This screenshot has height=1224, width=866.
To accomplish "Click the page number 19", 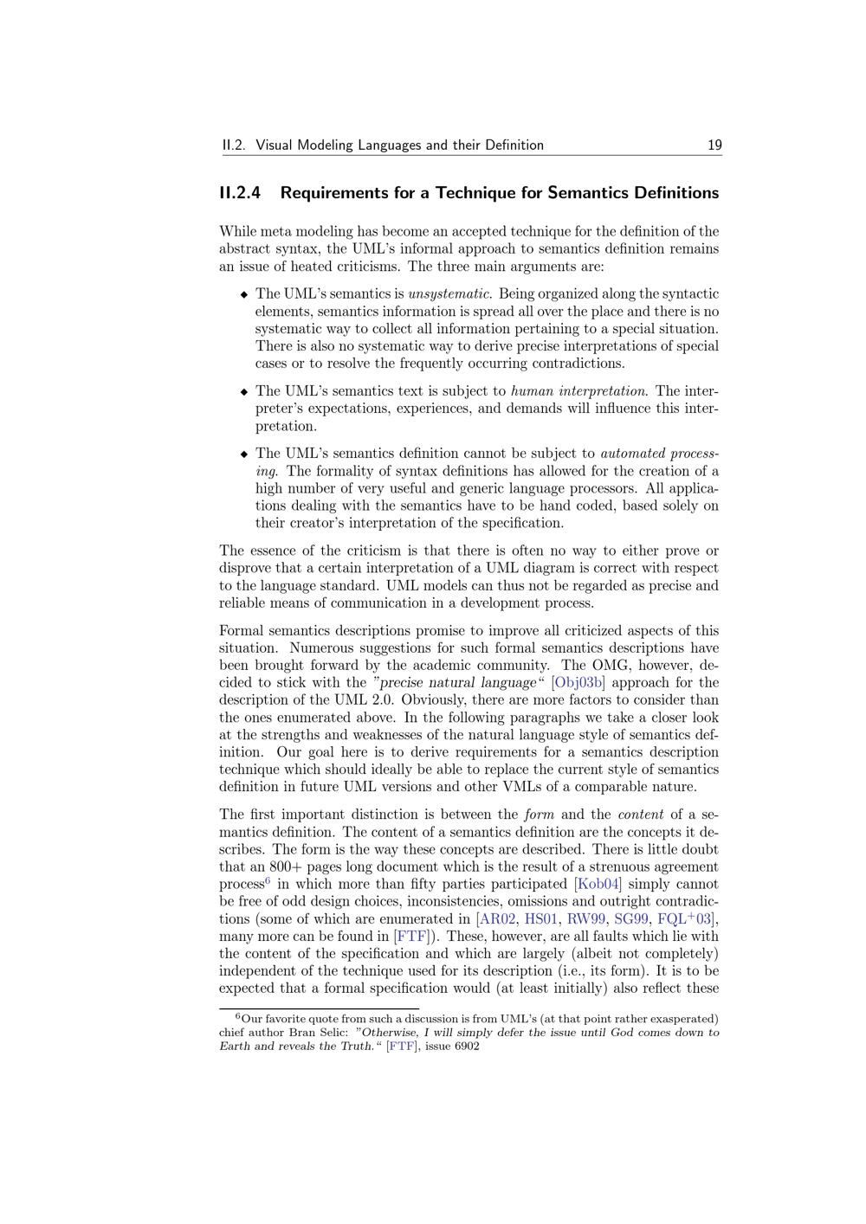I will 714,145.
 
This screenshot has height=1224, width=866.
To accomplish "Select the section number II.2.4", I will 240,192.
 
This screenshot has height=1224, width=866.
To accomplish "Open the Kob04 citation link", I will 598,884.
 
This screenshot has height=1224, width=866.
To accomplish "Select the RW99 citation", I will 586,918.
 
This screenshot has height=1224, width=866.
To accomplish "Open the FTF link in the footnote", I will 402,1046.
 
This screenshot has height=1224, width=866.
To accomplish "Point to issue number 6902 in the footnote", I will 465,1046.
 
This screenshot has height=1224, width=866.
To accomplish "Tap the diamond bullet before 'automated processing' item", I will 244,454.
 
